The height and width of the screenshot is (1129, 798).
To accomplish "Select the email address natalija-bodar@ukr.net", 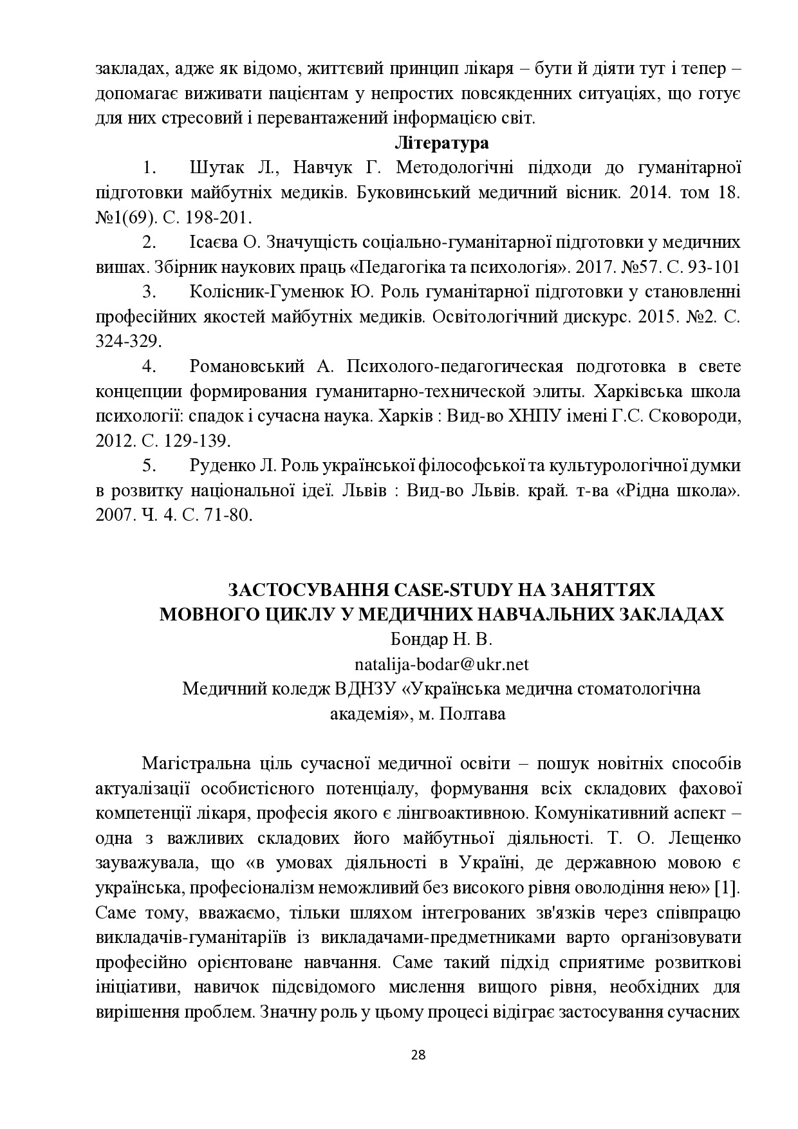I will click(441, 664).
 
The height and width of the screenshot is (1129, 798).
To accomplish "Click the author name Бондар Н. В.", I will click(441, 639).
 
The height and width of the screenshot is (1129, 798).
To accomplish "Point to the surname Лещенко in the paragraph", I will click(705, 839).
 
